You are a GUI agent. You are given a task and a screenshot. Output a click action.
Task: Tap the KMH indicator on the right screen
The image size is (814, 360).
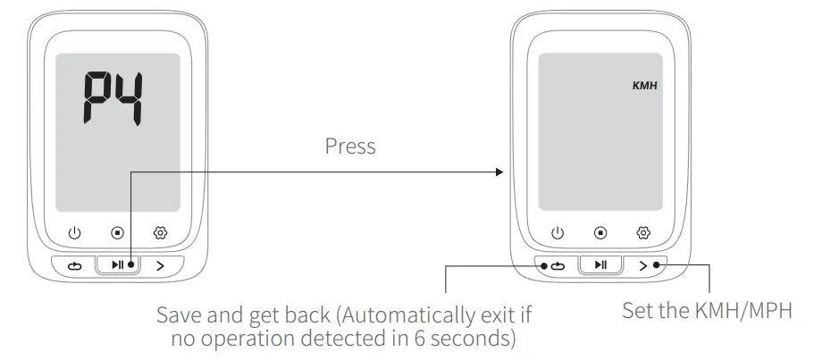(x=644, y=88)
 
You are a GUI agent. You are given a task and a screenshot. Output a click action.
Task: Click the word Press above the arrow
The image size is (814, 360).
(x=350, y=147)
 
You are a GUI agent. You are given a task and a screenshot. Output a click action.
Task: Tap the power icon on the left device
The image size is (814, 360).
(x=75, y=233)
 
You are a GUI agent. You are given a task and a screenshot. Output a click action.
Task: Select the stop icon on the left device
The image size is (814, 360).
(x=118, y=233)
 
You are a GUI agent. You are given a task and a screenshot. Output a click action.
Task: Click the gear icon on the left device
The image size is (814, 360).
(x=161, y=233)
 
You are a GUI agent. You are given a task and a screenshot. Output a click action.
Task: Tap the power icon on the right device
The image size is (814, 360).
(x=558, y=233)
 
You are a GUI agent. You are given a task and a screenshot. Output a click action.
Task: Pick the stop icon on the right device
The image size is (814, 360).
(x=600, y=233)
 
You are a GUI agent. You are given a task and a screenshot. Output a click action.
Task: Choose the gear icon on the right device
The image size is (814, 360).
(x=643, y=233)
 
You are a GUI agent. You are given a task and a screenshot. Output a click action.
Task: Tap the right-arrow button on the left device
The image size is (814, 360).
(x=161, y=265)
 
